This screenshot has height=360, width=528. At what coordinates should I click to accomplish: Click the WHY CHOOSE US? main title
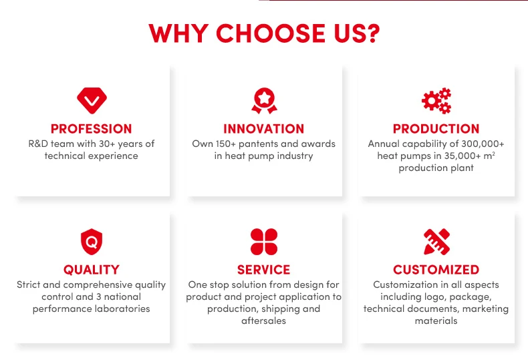pos(264,33)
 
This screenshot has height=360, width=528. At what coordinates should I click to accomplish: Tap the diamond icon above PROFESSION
pos(92,101)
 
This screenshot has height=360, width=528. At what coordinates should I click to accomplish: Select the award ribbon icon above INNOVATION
pos(264,101)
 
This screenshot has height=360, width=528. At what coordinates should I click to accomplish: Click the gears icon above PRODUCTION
pos(436,101)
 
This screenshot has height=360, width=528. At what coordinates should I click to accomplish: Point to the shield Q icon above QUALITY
pos(92,242)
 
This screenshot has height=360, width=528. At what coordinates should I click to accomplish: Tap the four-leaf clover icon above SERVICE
pos(264,242)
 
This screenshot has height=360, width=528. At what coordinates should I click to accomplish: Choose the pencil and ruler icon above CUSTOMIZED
pos(436,242)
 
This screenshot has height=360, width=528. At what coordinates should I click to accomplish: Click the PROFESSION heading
pos(92,129)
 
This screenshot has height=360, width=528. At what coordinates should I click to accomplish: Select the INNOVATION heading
pos(263,129)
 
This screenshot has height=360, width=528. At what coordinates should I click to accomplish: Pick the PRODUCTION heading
pos(436,129)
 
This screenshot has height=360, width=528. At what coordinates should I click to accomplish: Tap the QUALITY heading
pos(92,270)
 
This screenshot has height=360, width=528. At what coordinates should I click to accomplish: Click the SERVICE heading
pos(263,270)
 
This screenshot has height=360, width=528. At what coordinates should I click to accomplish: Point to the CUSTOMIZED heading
pos(436,270)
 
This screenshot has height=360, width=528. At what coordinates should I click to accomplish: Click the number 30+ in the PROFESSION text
pos(107,144)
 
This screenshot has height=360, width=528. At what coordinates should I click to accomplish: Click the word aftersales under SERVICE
pos(263,321)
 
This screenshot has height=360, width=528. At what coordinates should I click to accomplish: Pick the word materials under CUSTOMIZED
pos(436,321)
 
